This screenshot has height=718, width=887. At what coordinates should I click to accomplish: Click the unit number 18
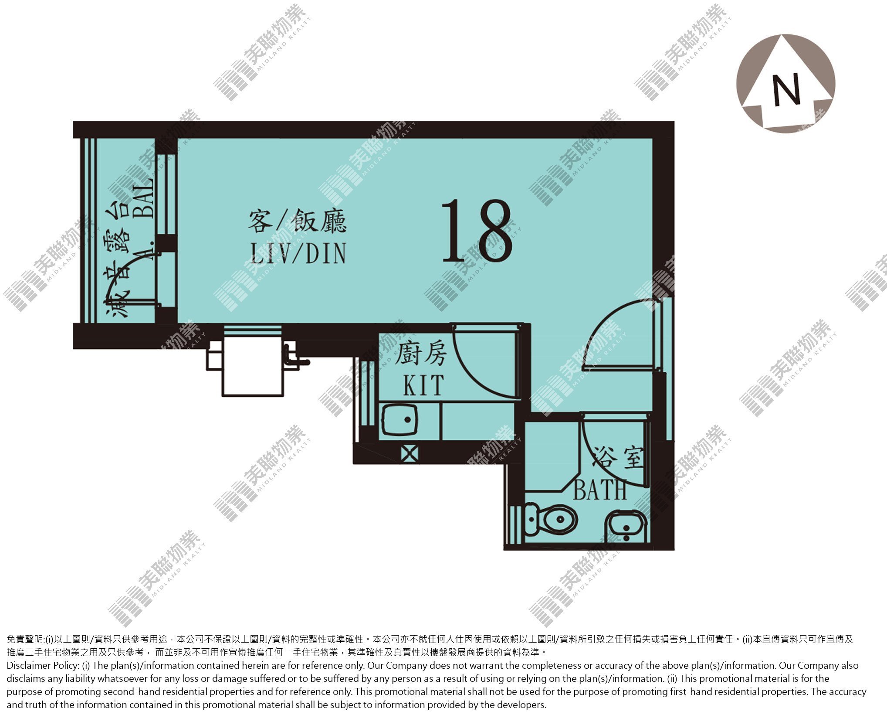point(477,231)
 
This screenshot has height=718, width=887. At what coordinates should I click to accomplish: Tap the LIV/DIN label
point(298,254)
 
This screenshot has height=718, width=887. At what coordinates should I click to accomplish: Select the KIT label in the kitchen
point(423,385)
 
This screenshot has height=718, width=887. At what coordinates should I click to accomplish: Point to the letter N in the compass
point(786,90)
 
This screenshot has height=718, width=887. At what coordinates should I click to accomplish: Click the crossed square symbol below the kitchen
point(410,453)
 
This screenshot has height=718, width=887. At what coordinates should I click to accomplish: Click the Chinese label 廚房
point(420,354)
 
